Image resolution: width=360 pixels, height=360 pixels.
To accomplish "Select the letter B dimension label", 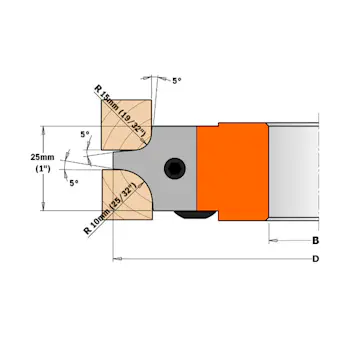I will click(315, 240).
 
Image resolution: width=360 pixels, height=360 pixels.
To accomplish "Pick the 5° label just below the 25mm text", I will click(73, 183).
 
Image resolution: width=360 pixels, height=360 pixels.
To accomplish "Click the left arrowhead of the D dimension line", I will click(119, 259).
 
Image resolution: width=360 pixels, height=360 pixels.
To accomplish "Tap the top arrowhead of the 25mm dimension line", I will click(42, 128).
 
